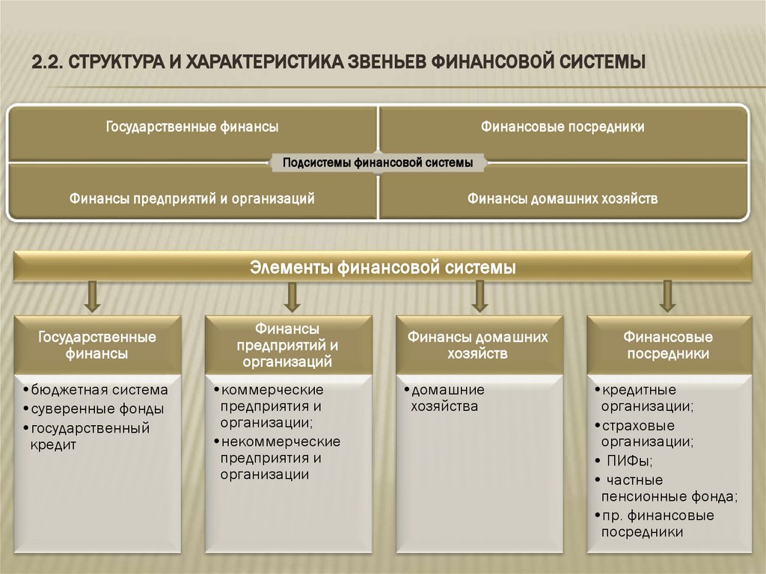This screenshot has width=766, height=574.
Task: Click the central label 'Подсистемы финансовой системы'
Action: pyautogui.click(x=377, y=162)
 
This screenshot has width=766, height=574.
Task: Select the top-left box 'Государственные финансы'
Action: pyautogui.click(x=192, y=127)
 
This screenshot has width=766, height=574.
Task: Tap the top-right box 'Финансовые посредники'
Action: pyautogui.click(x=563, y=127)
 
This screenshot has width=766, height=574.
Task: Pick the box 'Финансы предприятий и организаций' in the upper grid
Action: pyautogui.click(x=192, y=198)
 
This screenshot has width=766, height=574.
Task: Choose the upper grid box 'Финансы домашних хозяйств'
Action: pyautogui.click(x=563, y=198)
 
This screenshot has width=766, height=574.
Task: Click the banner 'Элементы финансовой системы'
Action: pyautogui.click(x=383, y=267)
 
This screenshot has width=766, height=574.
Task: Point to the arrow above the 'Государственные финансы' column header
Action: pyautogui.click(x=93, y=297)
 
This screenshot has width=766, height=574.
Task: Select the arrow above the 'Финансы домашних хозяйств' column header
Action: pyautogui.click(x=479, y=297)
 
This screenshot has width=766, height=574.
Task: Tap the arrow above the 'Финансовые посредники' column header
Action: pyautogui.click(x=667, y=297)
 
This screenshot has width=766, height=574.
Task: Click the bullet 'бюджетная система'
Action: pyautogui.click(x=99, y=390)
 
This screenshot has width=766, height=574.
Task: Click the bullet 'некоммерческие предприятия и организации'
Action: pyautogui.click(x=280, y=457)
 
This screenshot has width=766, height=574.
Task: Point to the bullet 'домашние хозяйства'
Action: pyautogui.click(x=447, y=398)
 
